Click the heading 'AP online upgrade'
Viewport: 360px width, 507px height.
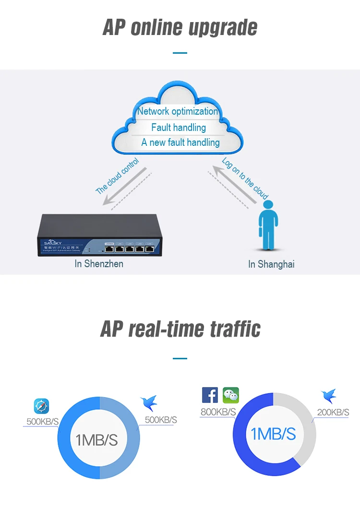(180, 28)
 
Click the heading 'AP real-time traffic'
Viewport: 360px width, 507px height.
(180, 329)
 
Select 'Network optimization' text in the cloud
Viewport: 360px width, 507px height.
(178, 111)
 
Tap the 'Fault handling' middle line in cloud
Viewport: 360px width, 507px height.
(179, 128)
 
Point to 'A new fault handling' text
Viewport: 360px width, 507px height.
(180, 142)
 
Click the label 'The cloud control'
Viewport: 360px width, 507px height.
(118, 176)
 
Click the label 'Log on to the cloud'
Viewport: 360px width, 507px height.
(245, 178)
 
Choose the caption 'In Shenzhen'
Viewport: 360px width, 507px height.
(99, 264)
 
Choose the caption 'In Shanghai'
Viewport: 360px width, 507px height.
(271, 264)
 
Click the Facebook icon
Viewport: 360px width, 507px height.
(210, 395)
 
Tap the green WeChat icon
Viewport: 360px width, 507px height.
(230, 395)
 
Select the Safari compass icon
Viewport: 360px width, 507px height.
(41, 406)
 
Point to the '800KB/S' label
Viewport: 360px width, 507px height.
(218, 412)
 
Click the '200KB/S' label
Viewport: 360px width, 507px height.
(333, 413)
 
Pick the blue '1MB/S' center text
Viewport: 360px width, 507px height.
(274, 434)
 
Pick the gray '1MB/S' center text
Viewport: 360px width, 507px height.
(96, 440)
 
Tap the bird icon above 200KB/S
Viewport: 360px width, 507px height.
(329, 397)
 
